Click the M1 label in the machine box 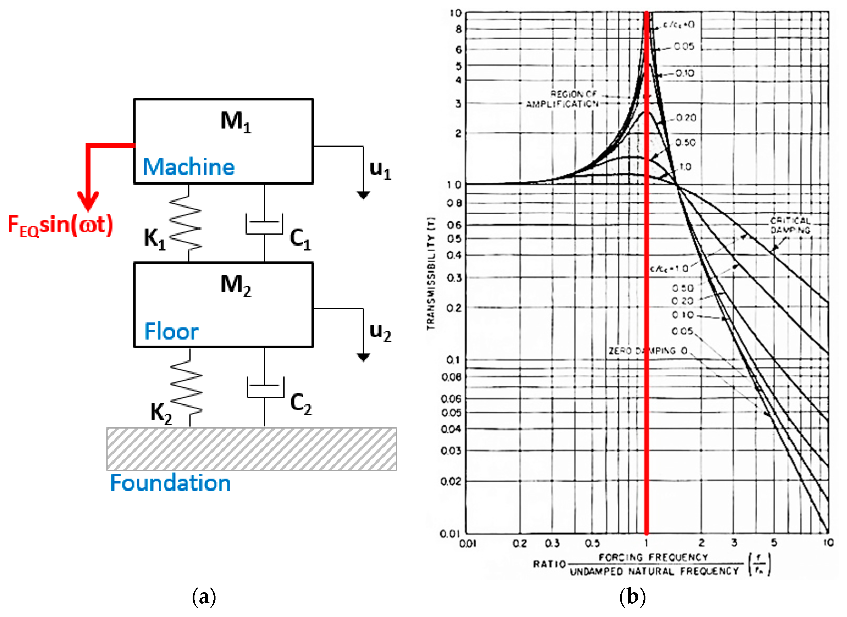(x=235, y=122)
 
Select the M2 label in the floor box (x=235, y=285)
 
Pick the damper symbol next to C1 (x=264, y=224)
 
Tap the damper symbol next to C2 (x=265, y=387)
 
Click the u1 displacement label (x=380, y=170)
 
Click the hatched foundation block (x=252, y=449)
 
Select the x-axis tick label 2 (x=701, y=543)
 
